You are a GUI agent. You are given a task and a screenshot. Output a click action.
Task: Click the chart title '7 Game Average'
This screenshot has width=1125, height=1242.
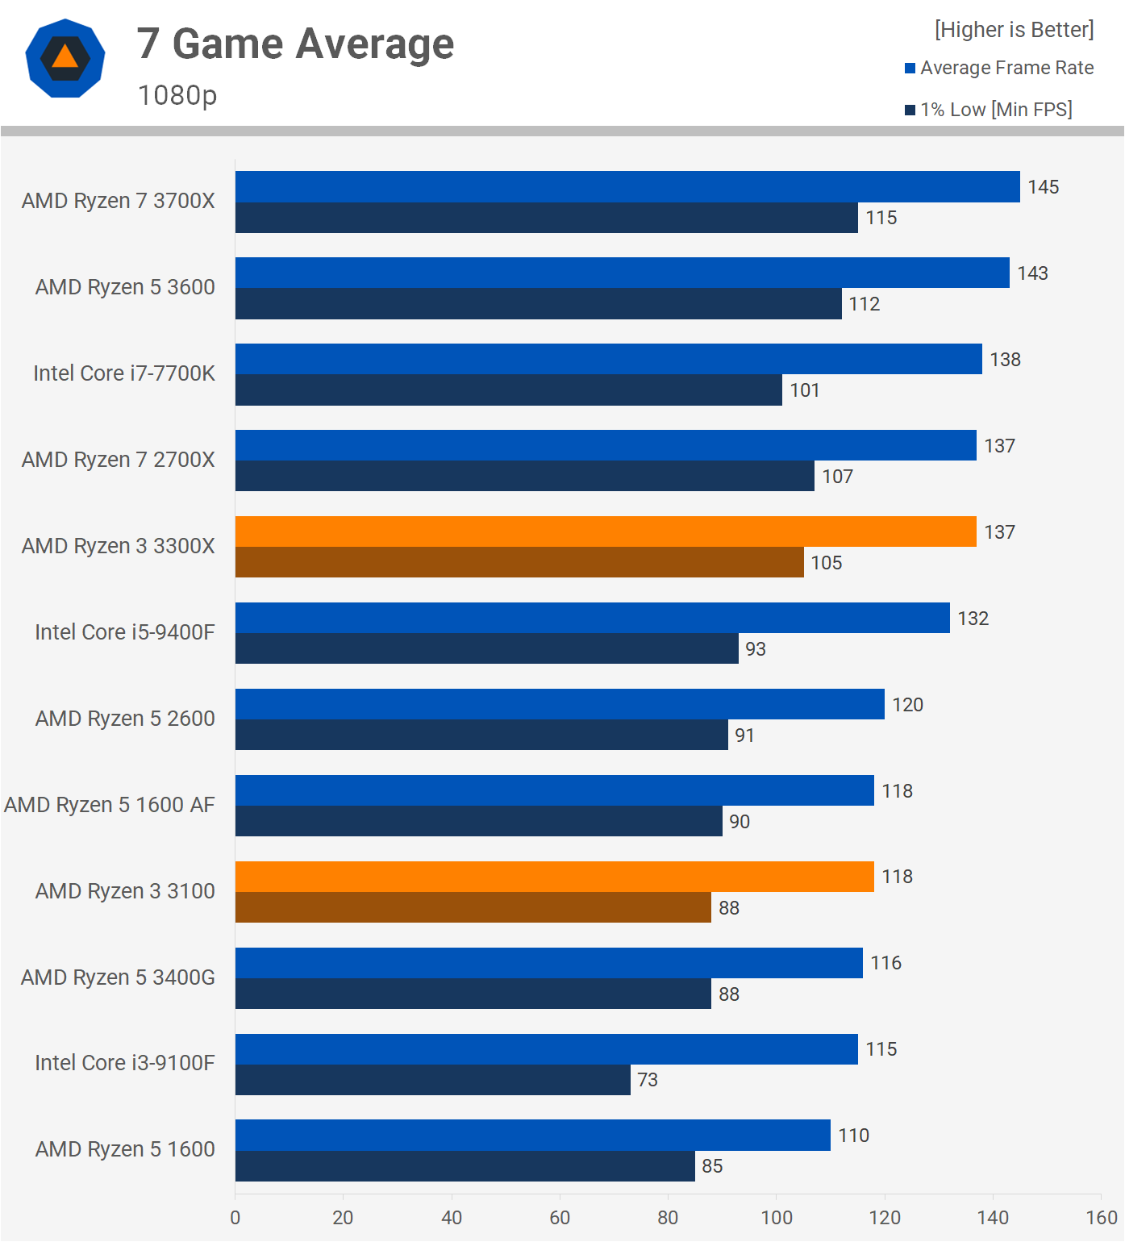point(295,44)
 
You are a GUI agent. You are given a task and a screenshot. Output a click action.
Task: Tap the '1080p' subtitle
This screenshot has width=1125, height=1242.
point(177,95)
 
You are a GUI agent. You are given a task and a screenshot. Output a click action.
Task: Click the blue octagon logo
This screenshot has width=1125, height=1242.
point(65,58)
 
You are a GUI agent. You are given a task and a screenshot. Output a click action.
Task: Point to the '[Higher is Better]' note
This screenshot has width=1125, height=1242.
point(1014,30)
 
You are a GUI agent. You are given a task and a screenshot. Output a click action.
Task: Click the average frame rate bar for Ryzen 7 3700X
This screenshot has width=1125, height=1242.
point(627,186)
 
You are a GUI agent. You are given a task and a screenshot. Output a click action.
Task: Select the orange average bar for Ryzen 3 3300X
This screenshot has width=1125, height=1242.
point(606,531)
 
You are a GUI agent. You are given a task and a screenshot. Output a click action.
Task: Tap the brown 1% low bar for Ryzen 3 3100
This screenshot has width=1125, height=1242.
point(473,907)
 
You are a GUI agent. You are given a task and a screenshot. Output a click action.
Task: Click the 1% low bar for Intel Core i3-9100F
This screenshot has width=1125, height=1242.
point(433,1080)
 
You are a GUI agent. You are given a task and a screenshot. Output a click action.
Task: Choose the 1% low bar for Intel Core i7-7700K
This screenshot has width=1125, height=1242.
point(509,390)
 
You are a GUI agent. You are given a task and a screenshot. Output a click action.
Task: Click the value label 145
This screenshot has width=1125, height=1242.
point(1043,187)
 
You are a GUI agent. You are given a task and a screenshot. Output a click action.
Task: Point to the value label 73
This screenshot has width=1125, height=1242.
point(648,1080)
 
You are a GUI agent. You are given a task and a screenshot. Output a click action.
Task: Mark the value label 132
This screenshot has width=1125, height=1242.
point(973,619)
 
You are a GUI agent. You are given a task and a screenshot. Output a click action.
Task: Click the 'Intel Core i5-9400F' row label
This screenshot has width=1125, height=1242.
point(125,632)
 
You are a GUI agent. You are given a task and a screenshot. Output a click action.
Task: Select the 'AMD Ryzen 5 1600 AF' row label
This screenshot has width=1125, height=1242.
point(110,805)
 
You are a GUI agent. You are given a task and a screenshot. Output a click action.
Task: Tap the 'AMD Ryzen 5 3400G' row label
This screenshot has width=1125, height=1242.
point(118,977)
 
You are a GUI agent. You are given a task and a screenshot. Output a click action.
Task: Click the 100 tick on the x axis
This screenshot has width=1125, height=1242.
point(777,1218)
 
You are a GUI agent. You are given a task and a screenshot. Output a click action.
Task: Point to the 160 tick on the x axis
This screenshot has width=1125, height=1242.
point(1102,1218)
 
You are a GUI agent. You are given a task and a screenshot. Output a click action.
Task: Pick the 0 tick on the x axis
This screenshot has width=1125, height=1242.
point(235,1218)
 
